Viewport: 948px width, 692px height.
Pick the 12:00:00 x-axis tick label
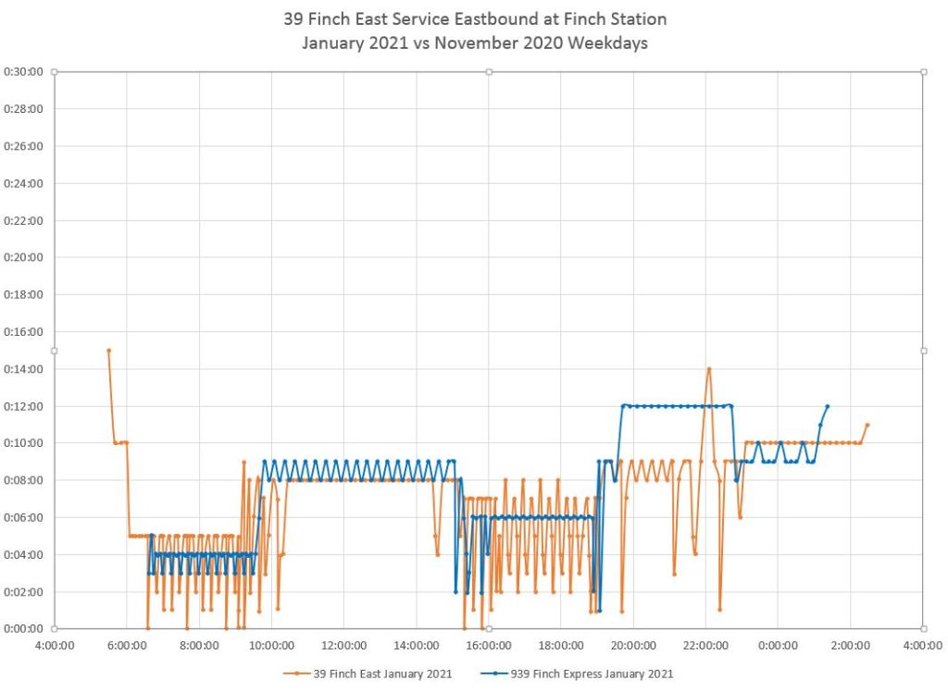[x=343, y=647]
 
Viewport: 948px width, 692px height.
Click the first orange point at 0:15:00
[x=108, y=351]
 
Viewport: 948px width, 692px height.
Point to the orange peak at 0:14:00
[x=709, y=369]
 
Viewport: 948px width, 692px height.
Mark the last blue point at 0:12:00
[x=827, y=406]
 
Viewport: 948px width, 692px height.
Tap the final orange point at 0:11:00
[x=867, y=425]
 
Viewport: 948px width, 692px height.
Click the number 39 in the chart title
[x=293, y=19]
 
